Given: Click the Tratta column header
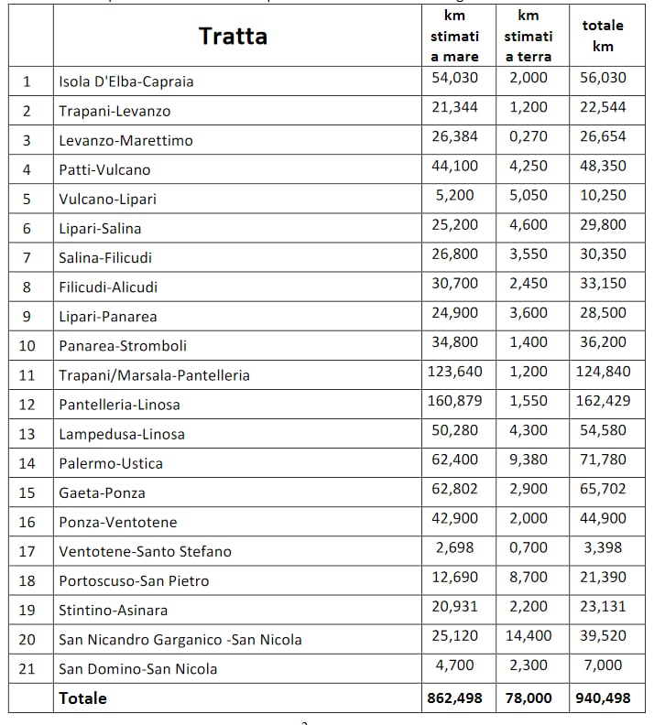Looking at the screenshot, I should [233, 37].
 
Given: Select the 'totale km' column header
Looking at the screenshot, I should [603, 37].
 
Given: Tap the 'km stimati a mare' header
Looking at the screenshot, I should [454, 37].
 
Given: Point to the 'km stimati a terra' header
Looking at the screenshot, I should [529, 37].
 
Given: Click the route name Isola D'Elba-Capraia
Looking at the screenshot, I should [126, 81].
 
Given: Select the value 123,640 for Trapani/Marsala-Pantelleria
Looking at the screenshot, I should [454, 372].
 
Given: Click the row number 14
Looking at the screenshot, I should [27, 463].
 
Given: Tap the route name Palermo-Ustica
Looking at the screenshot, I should [111, 463].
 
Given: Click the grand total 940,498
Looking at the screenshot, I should [603, 698].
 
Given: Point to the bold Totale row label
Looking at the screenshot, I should [82, 698].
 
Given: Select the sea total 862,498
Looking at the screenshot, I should [454, 698].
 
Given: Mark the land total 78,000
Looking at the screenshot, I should [529, 698].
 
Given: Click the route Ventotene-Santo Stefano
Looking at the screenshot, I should [145, 551].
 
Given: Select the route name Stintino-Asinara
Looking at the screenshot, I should [114, 610].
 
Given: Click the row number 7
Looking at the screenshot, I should [27, 257].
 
